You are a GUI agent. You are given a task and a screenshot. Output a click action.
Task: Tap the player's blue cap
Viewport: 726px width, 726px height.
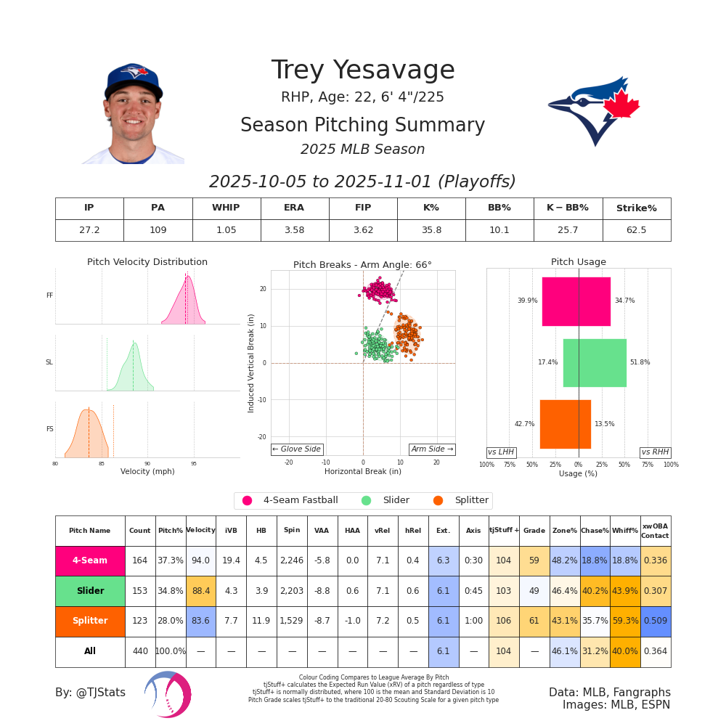tap(132, 78)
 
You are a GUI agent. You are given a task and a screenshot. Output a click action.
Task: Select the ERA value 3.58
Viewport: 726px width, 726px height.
tap(294, 230)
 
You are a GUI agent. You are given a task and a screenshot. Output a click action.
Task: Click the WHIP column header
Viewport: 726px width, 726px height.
tap(226, 208)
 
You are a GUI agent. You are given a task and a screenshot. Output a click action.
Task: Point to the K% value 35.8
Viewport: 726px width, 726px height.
tap(431, 230)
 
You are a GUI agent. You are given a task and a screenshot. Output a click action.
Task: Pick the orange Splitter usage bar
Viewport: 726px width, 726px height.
tap(565, 424)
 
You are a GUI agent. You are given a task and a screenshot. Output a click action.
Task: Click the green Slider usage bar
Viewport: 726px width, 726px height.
tap(595, 362)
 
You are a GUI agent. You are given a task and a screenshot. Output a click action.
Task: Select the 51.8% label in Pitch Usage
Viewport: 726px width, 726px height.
tap(640, 362)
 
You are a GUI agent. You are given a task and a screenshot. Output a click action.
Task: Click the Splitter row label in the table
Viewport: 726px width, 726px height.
tap(90, 621)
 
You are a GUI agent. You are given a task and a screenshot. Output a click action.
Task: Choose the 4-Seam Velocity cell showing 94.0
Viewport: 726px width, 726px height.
tap(200, 560)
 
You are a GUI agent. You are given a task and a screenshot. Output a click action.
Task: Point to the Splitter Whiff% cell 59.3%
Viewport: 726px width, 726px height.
tap(625, 621)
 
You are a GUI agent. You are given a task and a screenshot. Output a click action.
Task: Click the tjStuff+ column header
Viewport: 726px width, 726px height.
tap(504, 531)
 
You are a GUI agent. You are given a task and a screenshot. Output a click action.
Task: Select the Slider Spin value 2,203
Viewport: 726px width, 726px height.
tap(292, 591)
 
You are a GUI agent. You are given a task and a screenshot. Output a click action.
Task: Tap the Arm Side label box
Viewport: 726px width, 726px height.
tap(432, 449)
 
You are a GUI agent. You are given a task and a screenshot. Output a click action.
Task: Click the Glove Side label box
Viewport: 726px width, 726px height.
tap(297, 449)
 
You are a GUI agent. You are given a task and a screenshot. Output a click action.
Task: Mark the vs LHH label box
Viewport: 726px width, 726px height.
tap(501, 452)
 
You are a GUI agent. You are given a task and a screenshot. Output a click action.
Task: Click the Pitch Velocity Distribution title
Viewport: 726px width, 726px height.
tap(147, 262)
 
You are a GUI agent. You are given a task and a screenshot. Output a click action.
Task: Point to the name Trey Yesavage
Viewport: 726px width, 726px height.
tap(363, 70)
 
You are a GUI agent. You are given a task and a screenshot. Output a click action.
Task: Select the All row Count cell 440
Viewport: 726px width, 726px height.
tap(140, 652)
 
